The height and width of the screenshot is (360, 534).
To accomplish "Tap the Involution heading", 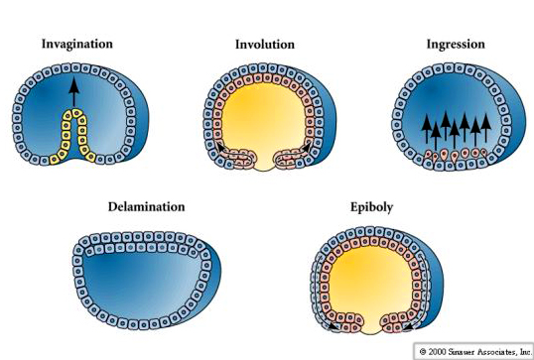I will tap(264, 45).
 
